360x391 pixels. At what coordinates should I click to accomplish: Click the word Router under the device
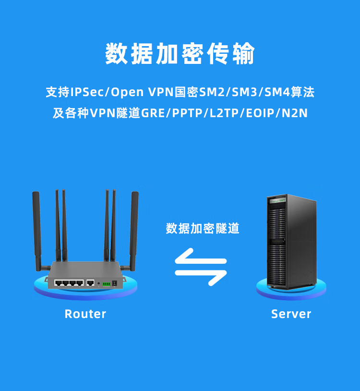85,314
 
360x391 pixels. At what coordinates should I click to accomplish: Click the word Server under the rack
291,314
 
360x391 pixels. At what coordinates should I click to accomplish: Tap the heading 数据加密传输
180,54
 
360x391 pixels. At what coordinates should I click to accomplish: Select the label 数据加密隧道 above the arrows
203,228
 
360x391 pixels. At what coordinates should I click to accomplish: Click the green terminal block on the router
106,283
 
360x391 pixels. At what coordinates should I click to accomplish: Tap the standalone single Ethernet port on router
90,282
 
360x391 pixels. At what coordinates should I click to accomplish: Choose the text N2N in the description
295,114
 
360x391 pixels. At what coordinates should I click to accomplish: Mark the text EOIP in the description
260,114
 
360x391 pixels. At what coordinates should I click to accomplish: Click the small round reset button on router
98,283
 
